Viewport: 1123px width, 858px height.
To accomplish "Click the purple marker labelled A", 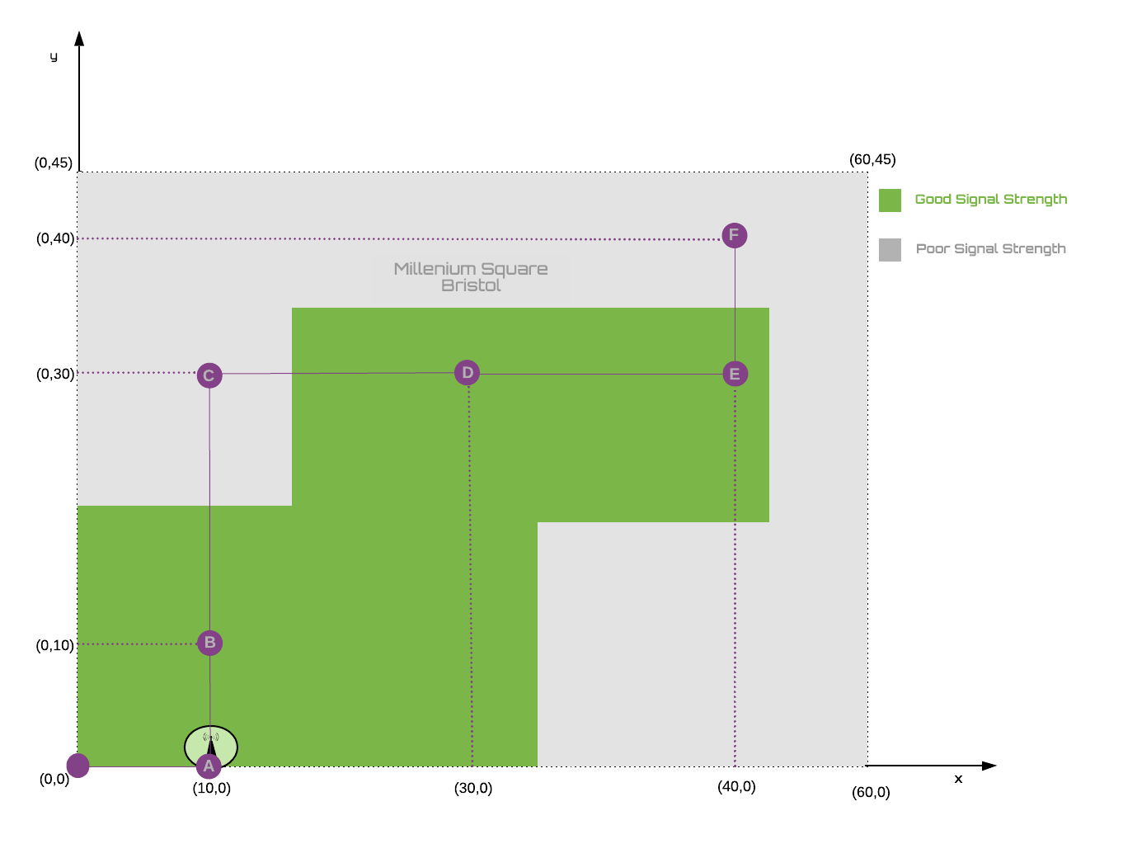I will point(209,766).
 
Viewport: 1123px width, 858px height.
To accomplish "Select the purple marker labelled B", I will point(209,643).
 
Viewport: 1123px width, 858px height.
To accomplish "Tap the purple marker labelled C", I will point(209,375).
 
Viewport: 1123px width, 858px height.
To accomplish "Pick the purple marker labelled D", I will point(468,373).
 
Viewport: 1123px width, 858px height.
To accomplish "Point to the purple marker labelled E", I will point(735,374).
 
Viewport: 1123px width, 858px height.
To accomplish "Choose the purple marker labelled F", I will point(734,235).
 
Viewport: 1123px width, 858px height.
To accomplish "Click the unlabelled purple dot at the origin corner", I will point(78,766).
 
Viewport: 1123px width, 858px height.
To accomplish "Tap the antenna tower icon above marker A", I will point(211,742).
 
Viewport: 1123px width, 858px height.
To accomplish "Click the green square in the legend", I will point(890,200).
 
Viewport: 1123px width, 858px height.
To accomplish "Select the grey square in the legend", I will point(890,250).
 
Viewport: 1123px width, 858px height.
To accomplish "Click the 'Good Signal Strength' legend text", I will point(990,199).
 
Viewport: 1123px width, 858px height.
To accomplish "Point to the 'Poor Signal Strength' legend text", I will point(990,248).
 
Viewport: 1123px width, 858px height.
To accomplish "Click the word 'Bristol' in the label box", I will point(471,285).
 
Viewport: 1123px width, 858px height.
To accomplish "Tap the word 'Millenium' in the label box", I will point(435,269).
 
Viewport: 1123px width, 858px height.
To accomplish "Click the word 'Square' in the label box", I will point(516,270).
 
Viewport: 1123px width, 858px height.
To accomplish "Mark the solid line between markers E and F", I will point(735,304).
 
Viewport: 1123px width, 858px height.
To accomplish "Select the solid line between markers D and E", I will point(601,374).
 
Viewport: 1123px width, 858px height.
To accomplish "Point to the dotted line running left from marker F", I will point(396,239).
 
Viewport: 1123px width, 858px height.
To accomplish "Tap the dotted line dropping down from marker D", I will point(471,577).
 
